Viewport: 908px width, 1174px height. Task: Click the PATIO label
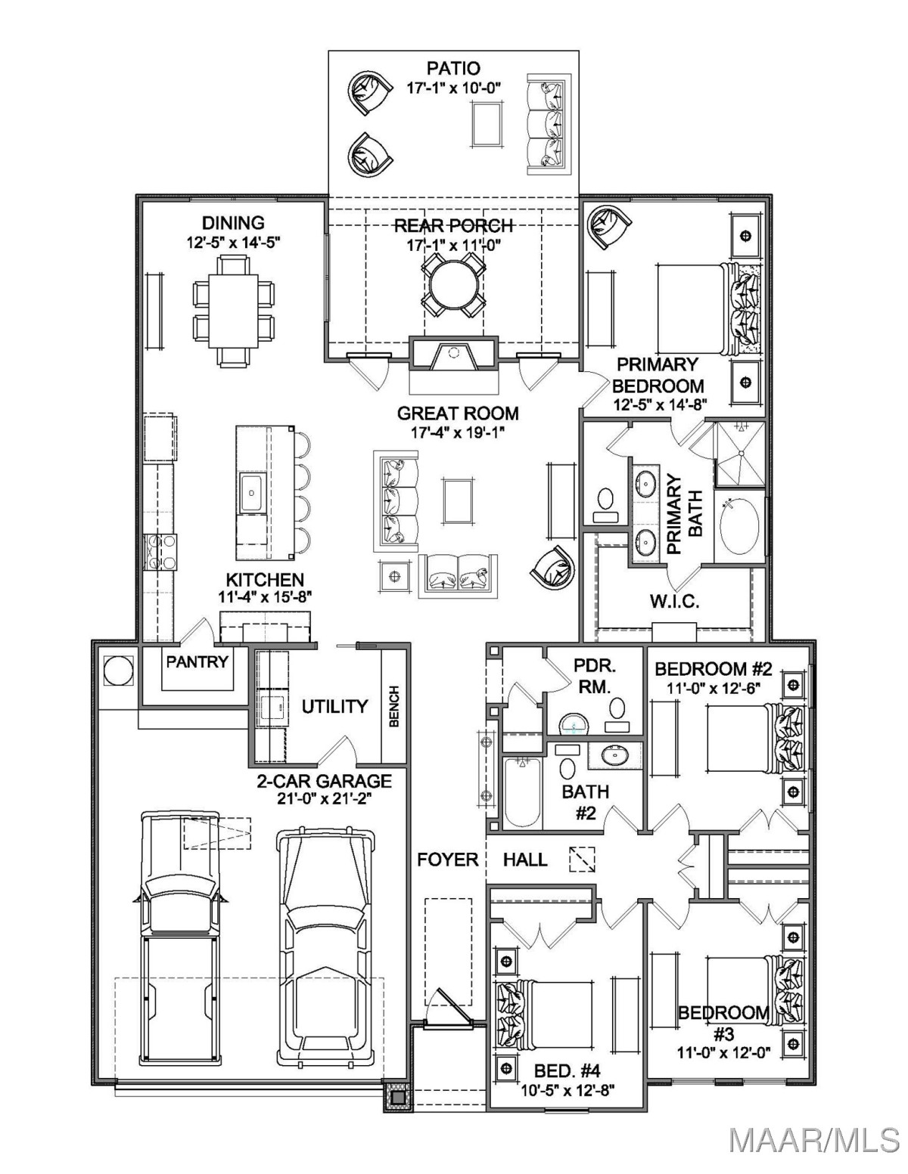(x=453, y=69)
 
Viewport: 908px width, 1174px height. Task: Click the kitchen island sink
(x=251, y=493)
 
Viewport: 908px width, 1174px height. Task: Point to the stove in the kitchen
(x=160, y=552)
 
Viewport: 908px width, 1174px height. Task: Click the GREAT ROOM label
(x=458, y=414)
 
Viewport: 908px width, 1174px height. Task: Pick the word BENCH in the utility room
(x=393, y=706)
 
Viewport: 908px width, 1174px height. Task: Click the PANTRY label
(x=197, y=661)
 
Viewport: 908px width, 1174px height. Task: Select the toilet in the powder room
(x=617, y=712)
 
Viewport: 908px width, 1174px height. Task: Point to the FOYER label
(x=448, y=859)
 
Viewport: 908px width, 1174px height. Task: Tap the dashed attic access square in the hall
(x=582, y=859)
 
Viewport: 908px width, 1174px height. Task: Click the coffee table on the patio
(x=487, y=124)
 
